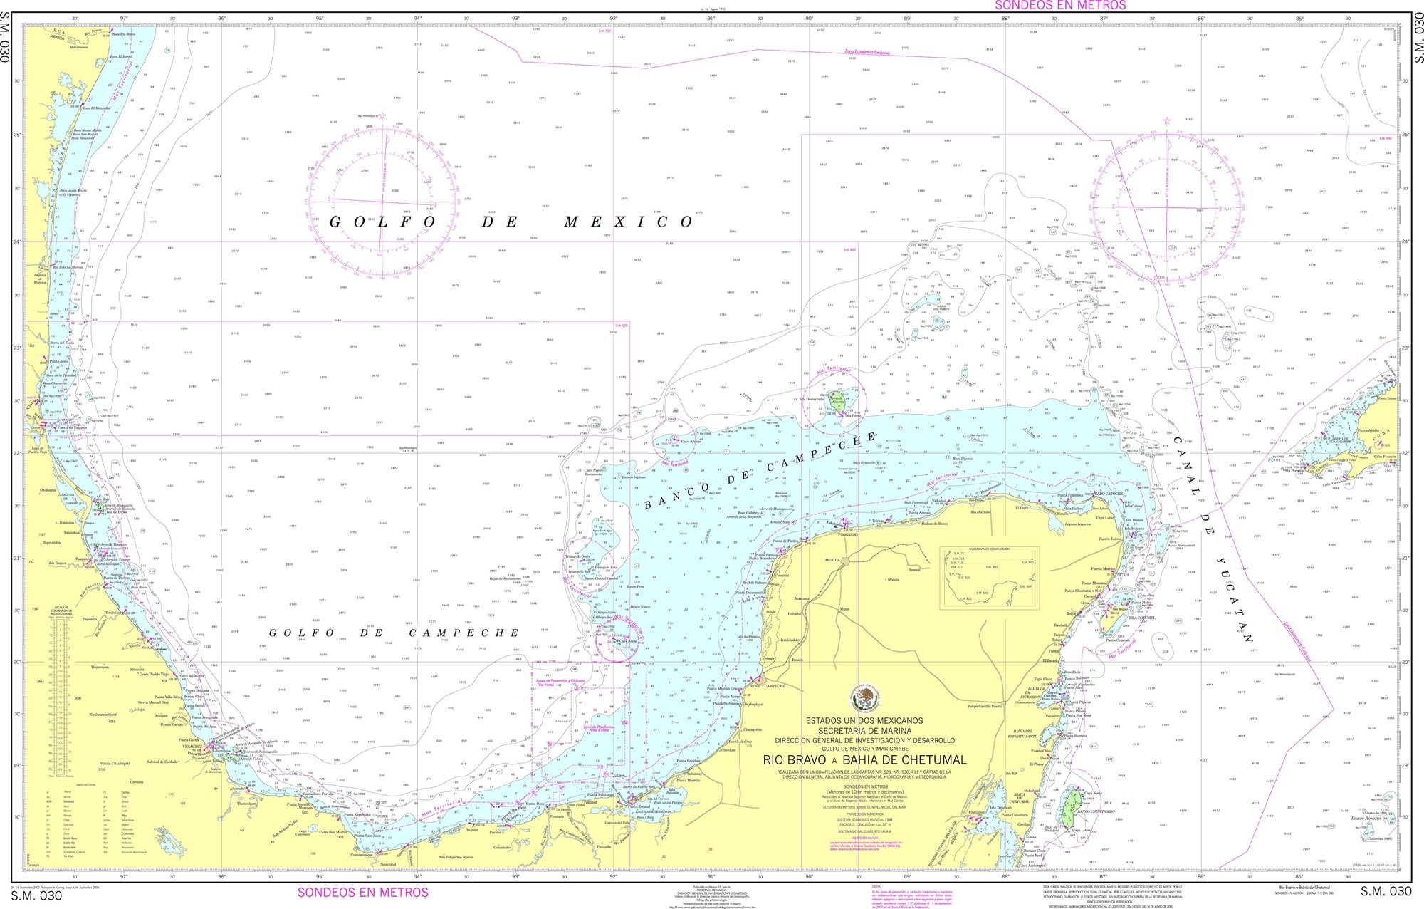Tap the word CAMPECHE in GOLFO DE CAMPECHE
click(463, 633)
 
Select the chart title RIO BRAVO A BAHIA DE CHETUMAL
click(864, 760)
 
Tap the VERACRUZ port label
click(194, 747)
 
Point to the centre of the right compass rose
click(1168, 207)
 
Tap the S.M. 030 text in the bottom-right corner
click(1385, 891)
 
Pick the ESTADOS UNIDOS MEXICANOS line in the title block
click(864, 721)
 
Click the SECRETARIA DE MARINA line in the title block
click(864, 731)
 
